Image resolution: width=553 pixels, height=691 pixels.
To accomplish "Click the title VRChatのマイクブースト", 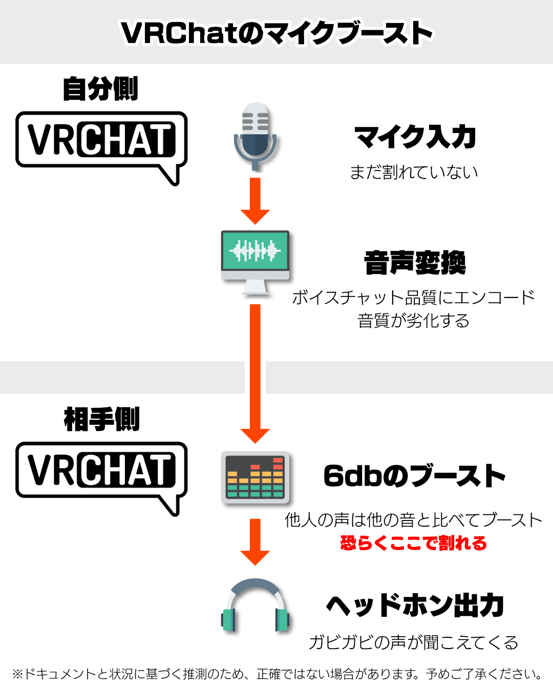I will point(276,33).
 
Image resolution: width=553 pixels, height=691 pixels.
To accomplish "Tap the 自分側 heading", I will point(100,89).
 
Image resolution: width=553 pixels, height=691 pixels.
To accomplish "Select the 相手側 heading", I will point(101,419).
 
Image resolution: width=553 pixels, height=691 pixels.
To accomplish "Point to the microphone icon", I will point(255,135).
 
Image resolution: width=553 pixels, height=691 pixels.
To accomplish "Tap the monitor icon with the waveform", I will point(255,261).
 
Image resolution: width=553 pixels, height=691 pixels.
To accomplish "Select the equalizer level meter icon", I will point(255,477).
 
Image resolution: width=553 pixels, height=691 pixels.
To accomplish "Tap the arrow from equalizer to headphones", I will point(255,542).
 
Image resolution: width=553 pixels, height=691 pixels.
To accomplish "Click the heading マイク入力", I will point(415,137).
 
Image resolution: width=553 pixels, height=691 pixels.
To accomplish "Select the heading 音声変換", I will point(415,262).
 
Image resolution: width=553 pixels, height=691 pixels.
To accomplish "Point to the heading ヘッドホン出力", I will point(415,606).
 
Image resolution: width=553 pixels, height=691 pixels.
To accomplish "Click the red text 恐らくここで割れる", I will point(413,543).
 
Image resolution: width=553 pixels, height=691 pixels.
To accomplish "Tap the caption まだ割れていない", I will point(414,172).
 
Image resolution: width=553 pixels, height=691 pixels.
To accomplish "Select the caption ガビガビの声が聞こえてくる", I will point(413,642).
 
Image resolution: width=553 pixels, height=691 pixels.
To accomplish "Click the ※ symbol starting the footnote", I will point(17,674).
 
